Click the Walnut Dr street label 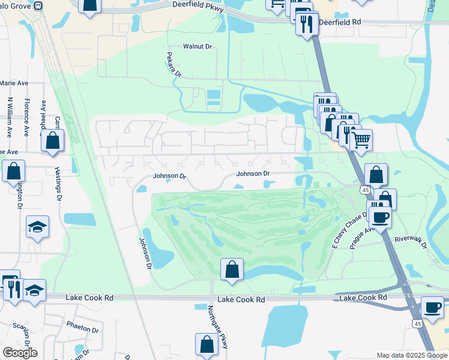pyautogui.click(x=197, y=46)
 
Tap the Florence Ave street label pyautogui.click(x=27, y=117)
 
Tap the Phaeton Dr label pyautogui.click(x=83, y=329)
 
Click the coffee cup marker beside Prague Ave pyautogui.click(x=381, y=217)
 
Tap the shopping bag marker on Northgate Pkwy pyautogui.click(x=206, y=344)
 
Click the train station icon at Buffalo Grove pyautogui.click(x=38, y=5)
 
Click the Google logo pyautogui.click(x=20, y=353)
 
